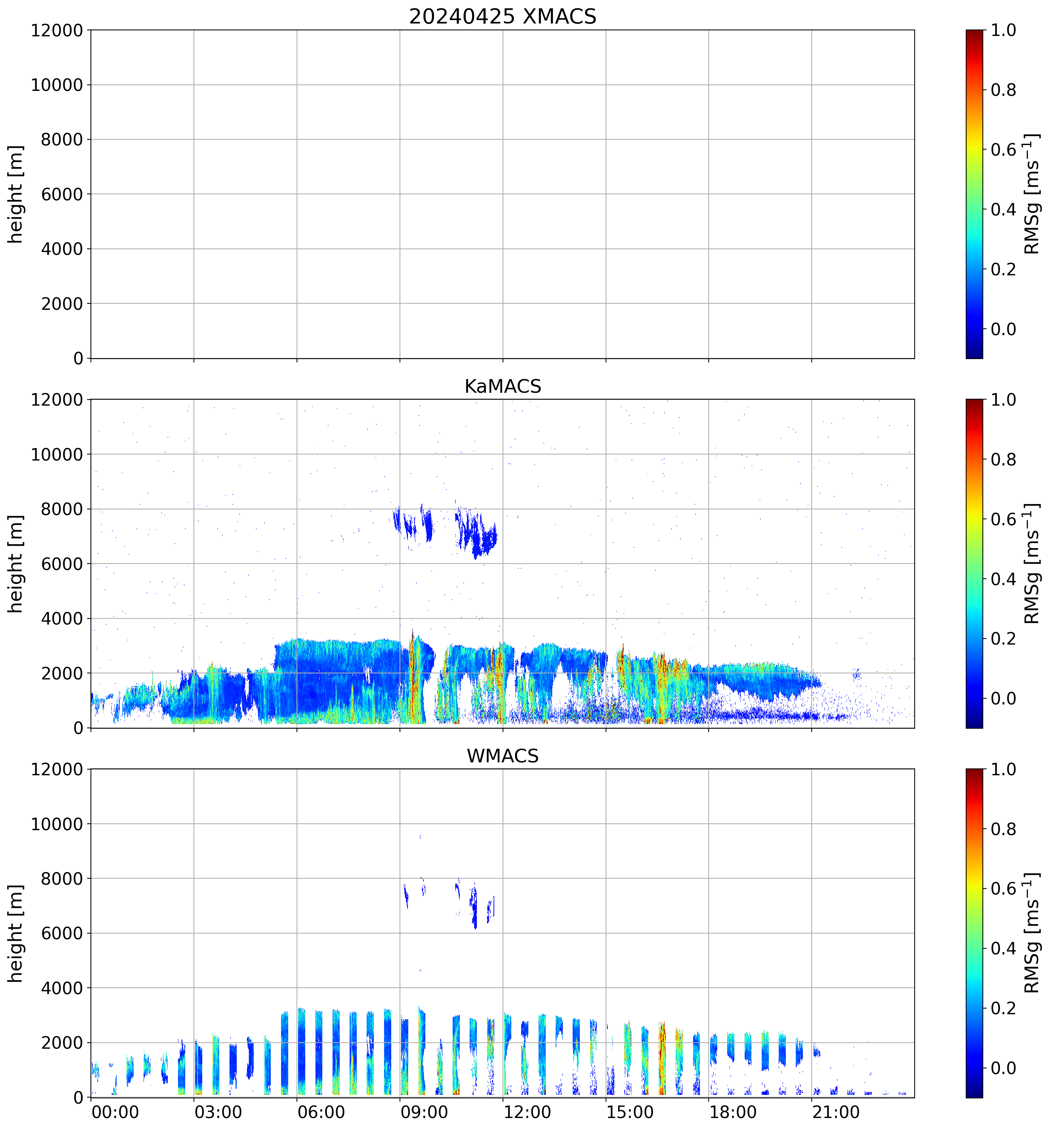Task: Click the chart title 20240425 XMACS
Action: click(503, 16)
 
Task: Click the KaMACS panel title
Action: click(503, 387)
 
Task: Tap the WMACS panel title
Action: click(503, 756)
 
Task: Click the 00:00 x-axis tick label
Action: click(115, 1112)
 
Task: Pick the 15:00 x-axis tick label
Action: click(630, 1112)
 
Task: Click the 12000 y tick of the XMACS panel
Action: click(57, 30)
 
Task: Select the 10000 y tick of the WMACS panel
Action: click(57, 824)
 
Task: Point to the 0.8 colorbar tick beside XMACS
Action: click(1003, 90)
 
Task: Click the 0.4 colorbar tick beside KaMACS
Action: click(1003, 579)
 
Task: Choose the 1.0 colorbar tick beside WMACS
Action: click(1003, 770)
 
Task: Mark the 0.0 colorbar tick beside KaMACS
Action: click(1003, 698)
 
